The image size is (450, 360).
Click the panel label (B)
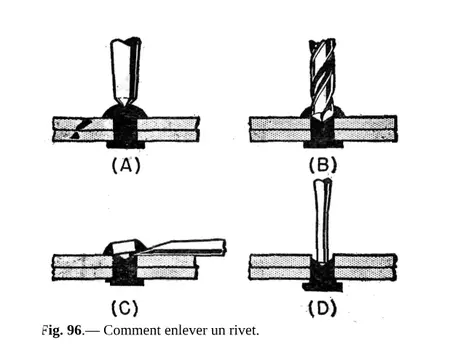tap(322, 166)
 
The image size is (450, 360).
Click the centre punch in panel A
tap(122, 70)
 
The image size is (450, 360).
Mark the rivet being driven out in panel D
tap(322, 270)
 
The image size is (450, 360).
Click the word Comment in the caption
tap(131, 329)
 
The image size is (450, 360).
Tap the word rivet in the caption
tap(242, 329)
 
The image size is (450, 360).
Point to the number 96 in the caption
tap(73, 329)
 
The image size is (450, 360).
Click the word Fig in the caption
tap(51, 329)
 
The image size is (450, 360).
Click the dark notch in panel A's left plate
tap(79, 125)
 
